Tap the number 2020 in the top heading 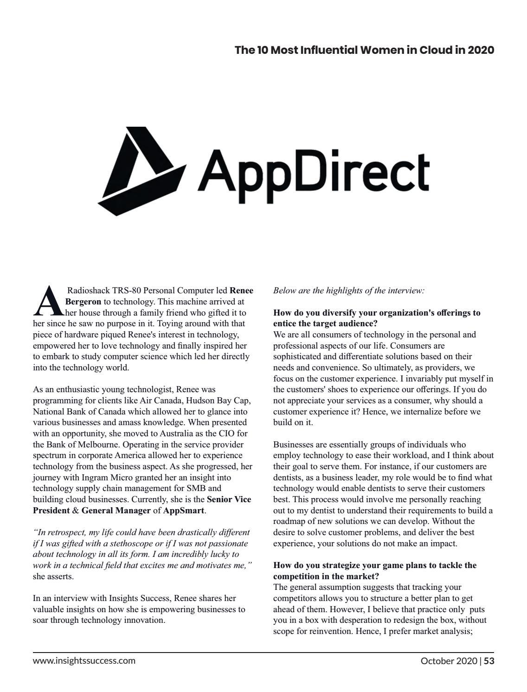click(481, 50)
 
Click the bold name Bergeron click(83, 302)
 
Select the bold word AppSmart click(184, 511)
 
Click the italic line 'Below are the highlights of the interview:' click(348, 291)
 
